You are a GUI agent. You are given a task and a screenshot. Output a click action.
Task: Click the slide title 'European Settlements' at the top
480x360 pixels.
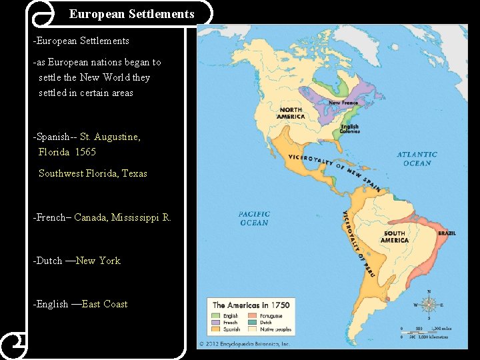(x=131, y=13)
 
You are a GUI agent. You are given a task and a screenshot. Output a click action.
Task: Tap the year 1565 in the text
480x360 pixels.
(x=85, y=152)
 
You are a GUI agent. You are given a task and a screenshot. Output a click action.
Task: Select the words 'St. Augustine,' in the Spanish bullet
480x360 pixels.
(x=110, y=137)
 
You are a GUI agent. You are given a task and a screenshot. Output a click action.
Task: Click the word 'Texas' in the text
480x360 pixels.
(x=134, y=173)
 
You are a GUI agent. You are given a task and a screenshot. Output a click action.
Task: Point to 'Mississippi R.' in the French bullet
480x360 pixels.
(x=141, y=217)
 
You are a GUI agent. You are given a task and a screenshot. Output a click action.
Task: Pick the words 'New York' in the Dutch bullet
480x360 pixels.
(x=98, y=261)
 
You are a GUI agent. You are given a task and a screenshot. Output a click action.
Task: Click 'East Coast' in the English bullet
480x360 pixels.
(x=104, y=304)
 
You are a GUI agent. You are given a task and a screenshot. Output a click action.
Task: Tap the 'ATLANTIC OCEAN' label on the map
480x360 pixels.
(x=417, y=159)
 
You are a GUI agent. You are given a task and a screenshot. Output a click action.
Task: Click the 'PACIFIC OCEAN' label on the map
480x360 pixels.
(x=253, y=219)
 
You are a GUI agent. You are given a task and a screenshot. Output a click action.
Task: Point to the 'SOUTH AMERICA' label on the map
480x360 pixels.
(x=395, y=237)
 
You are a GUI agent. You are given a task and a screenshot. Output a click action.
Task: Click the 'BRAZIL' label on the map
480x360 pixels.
(x=447, y=233)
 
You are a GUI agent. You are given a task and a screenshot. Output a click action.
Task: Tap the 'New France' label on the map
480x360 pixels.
(x=343, y=103)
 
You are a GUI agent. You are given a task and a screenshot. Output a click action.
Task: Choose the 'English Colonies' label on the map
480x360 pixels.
(x=350, y=129)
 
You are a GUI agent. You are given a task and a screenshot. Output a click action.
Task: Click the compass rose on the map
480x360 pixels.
(x=429, y=305)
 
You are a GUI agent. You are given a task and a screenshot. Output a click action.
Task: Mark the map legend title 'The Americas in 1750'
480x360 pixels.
(x=251, y=305)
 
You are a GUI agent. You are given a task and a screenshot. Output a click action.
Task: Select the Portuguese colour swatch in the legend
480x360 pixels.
(x=253, y=316)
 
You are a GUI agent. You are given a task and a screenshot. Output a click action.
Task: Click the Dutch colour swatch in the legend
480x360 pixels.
(x=253, y=323)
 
